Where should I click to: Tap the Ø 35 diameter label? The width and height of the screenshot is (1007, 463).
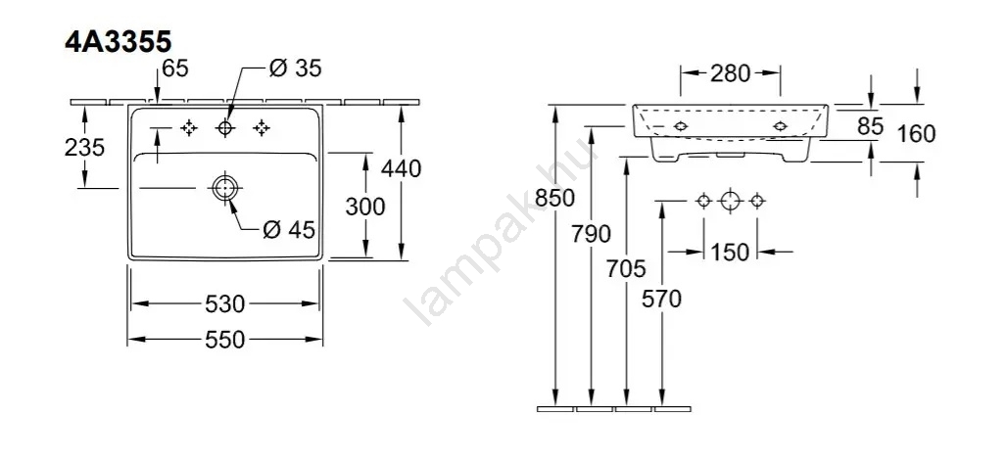(x=296, y=69)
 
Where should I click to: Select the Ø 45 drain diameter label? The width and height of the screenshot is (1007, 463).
(x=290, y=229)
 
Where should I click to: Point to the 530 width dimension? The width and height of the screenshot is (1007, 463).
(x=224, y=303)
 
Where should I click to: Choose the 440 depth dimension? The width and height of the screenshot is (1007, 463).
(x=402, y=168)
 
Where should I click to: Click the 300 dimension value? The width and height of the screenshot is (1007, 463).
(x=365, y=207)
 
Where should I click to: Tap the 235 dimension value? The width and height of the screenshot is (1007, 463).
(x=84, y=148)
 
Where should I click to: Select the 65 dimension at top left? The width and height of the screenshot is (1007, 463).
(x=175, y=69)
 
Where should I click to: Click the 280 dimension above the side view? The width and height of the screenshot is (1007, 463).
(x=730, y=73)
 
